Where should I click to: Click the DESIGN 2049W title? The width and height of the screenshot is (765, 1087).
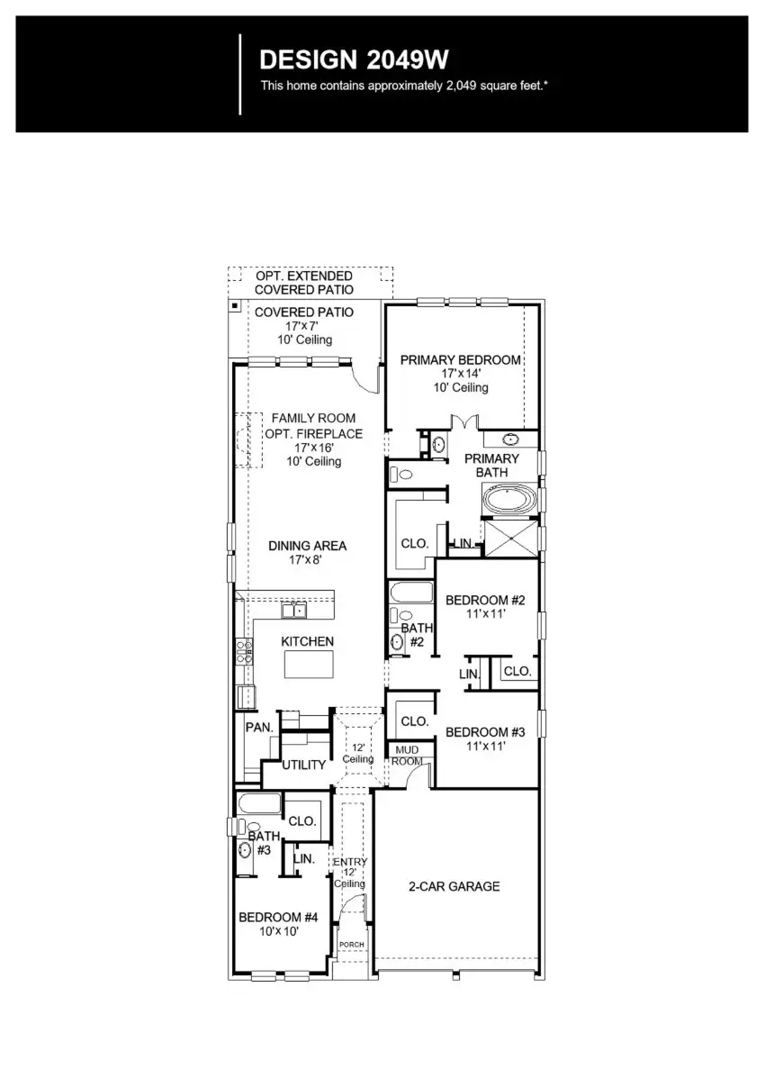[x=354, y=59]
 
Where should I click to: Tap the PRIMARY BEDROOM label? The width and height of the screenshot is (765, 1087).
[x=460, y=360]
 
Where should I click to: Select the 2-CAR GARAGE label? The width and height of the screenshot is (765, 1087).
[x=454, y=886]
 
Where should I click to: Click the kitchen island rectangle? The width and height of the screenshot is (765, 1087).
[x=309, y=664]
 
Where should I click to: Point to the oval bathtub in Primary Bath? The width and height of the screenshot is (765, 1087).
[x=510, y=498]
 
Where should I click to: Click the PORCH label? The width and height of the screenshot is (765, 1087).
[x=351, y=945]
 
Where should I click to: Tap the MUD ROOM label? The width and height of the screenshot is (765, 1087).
[x=406, y=756]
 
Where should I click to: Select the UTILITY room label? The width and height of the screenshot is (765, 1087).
[x=303, y=765]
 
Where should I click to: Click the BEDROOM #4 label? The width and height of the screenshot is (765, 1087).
[x=278, y=918]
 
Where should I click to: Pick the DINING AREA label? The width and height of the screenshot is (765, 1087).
[x=307, y=546]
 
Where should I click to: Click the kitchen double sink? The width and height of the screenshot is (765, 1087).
[x=293, y=611]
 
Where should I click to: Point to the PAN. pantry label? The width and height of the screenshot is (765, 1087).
[x=259, y=727]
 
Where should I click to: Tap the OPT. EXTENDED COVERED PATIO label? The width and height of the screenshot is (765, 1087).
[x=303, y=283]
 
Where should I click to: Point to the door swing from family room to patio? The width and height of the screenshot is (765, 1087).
[x=365, y=379]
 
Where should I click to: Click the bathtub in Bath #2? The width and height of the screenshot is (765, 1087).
[x=411, y=593]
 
